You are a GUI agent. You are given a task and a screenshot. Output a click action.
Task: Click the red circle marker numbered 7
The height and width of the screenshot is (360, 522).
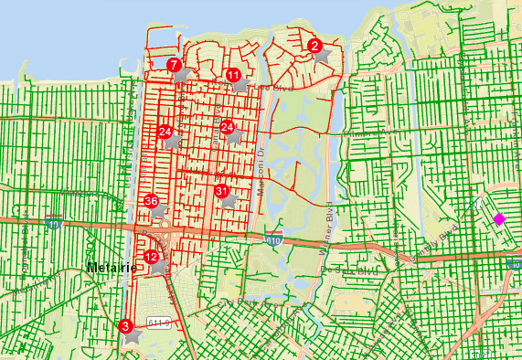173,65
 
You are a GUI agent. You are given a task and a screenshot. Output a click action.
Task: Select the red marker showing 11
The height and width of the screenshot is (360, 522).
233,75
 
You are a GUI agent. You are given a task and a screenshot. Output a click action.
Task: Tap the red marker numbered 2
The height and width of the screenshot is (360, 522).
314,45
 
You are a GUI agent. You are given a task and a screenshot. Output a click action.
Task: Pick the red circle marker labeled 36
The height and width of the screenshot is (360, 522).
152,202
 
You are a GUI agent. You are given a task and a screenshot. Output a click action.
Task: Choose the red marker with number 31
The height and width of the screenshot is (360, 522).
221,191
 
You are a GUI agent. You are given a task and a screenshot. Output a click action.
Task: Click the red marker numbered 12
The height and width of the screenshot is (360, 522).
151,258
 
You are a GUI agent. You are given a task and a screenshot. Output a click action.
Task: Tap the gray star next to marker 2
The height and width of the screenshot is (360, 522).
323,55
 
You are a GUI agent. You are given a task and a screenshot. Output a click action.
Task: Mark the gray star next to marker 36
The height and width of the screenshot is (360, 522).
160,211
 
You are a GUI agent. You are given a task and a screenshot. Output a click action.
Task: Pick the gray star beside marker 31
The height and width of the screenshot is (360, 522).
229,200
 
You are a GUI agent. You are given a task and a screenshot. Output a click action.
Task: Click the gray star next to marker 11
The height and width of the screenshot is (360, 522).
241,84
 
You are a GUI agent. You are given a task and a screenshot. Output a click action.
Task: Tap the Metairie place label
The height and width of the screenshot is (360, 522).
110,268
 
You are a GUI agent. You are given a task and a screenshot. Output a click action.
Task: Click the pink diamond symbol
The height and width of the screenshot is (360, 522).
499,218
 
